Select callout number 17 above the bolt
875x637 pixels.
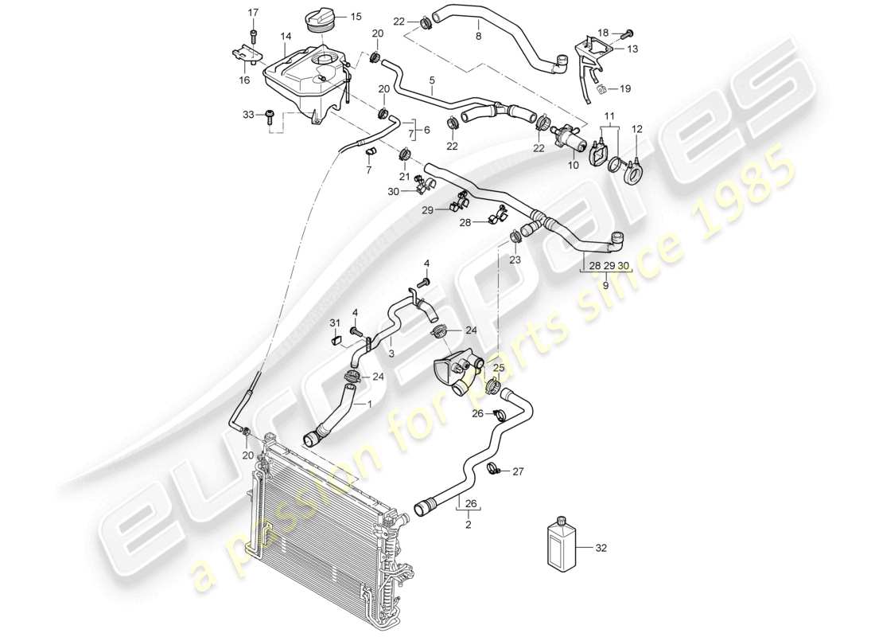pyautogui.click(x=253, y=12)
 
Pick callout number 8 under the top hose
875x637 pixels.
pyautogui.click(x=478, y=36)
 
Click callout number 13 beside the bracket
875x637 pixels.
pyautogui.click(x=632, y=49)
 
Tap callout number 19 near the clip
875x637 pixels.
pyautogui.click(x=624, y=89)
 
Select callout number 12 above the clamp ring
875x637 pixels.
pyautogui.click(x=636, y=129)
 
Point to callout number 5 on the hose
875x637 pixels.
pyautogui.click(x=432, y=81)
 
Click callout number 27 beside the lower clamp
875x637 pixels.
pyautogui.click(x=518, y=471)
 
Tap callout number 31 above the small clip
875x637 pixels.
pyautogui.click(x=335, y=322)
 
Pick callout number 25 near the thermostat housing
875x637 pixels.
pyautogui.click(x=499, y=368)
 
